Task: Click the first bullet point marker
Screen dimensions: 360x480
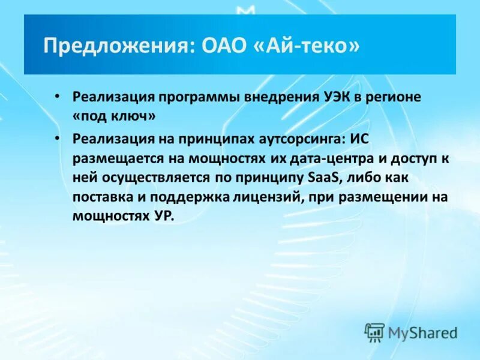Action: pyautogui.click(x=56, y=97)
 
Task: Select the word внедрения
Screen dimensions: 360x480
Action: pyautogui.click(x=283, y=97)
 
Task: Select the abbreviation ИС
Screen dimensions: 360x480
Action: pyautogui.click(x=358, y=139)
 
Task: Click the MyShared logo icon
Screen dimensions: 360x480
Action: pyautogui.click(x=374, y=332)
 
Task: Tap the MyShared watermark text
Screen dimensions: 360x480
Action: pyautogui.click(x=422, y=332)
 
